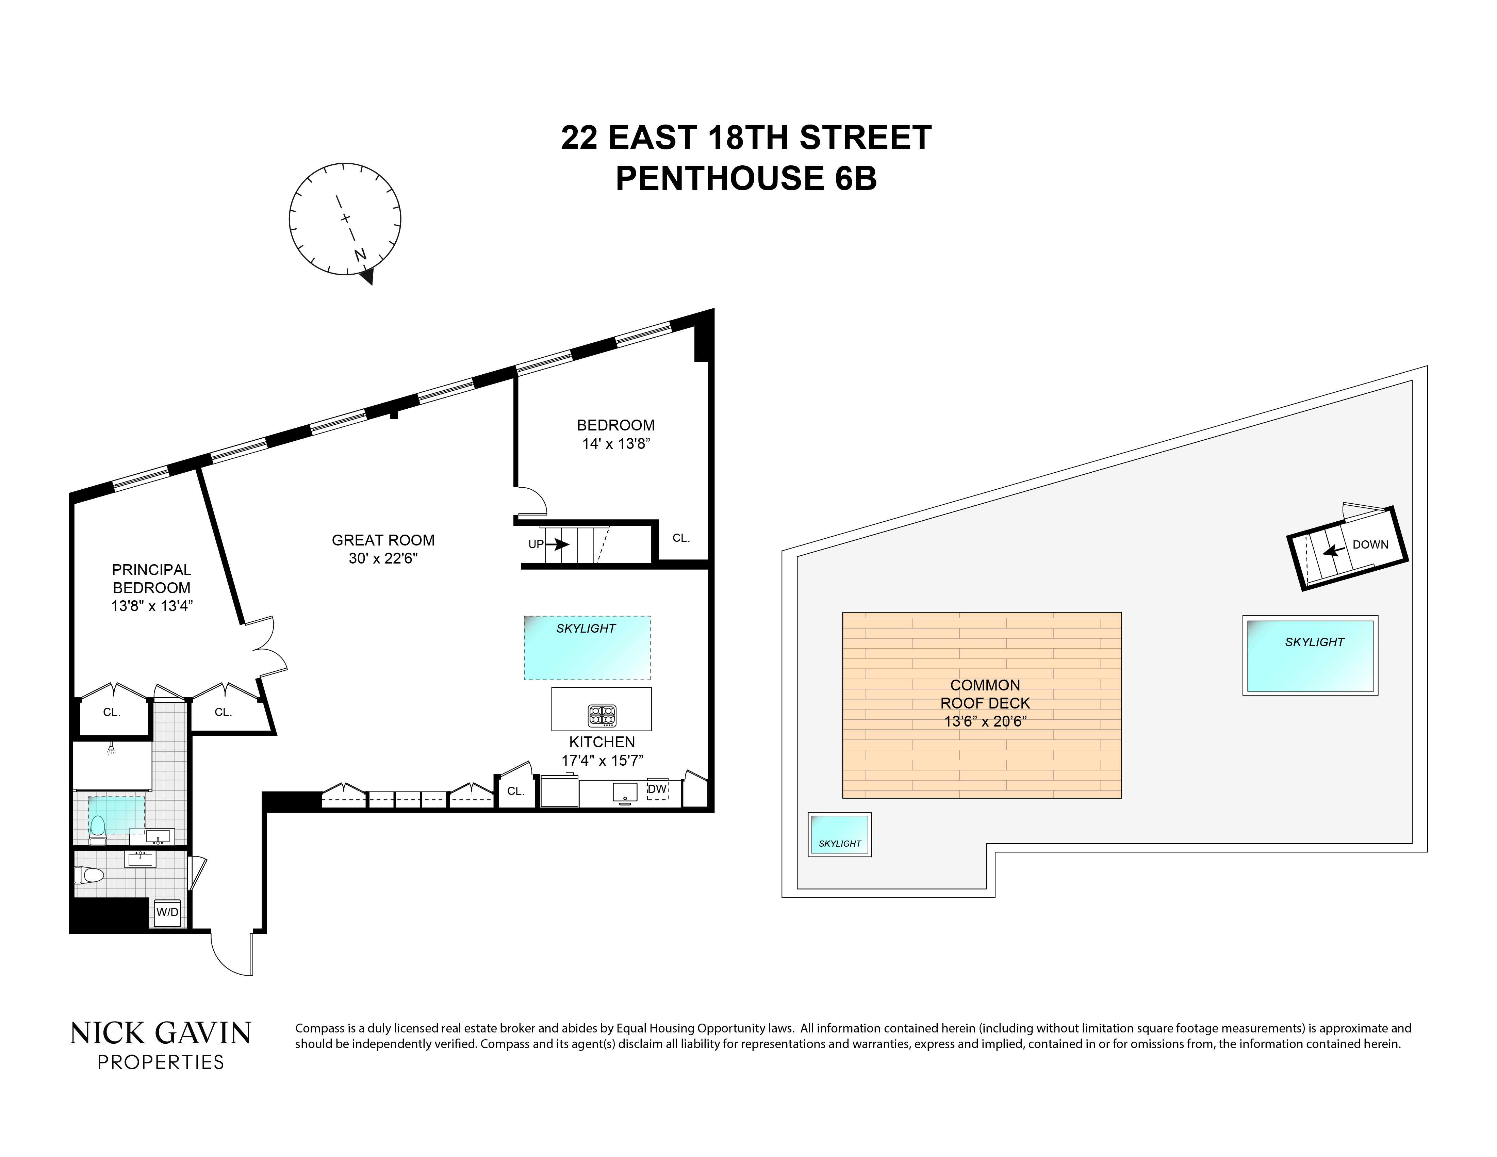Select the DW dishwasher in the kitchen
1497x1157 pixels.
coord(657,789)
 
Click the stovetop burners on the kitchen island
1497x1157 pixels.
coord(602,716)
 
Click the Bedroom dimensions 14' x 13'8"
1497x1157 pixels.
coord(615,443)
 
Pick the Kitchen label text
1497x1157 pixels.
coord(602,742)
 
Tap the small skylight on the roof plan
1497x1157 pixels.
coord(840,834)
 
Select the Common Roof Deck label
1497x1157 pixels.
coord(985,694)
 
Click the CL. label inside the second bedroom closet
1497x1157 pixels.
coord(681,538)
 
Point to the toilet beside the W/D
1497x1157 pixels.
coord(88,875)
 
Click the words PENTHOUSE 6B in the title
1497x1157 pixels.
coord(746,178)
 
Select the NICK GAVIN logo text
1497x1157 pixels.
coord(160,1033)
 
